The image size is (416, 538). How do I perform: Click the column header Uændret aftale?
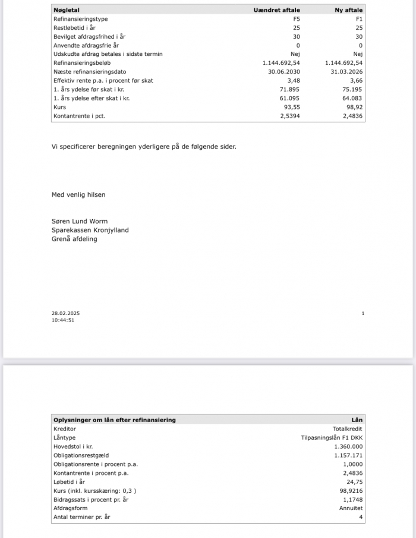[276, 10]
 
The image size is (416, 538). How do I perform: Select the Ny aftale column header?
[348, 10]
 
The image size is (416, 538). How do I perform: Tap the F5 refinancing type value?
[297, 19]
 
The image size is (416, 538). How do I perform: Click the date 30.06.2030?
[284, 71]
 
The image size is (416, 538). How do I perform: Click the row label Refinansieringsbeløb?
[82, 62]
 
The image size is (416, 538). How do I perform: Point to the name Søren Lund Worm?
[80, 221]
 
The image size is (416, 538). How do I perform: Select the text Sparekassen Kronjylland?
[90, 230]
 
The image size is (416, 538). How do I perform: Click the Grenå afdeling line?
[74, 239]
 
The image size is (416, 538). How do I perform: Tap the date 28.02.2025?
[63, 313]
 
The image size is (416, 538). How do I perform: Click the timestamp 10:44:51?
[62, 320]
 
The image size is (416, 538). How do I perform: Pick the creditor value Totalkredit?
[348, 429]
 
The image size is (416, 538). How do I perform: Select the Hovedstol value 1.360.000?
[349, 446]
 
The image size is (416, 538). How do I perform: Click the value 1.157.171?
[349, 455]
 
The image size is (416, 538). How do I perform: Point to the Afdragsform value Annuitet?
[350, 508]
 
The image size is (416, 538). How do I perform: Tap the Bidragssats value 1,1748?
[352, 499]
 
